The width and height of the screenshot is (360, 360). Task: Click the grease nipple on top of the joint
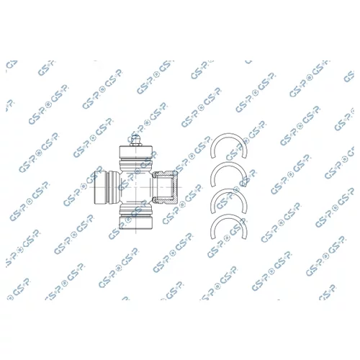click(135, 140)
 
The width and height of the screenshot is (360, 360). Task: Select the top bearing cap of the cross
click(136, 152)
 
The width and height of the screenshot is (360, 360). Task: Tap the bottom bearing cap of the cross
click(136, 222)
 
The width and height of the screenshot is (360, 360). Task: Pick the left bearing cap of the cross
click(100, 187)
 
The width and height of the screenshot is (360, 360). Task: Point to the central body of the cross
click(136, 187)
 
